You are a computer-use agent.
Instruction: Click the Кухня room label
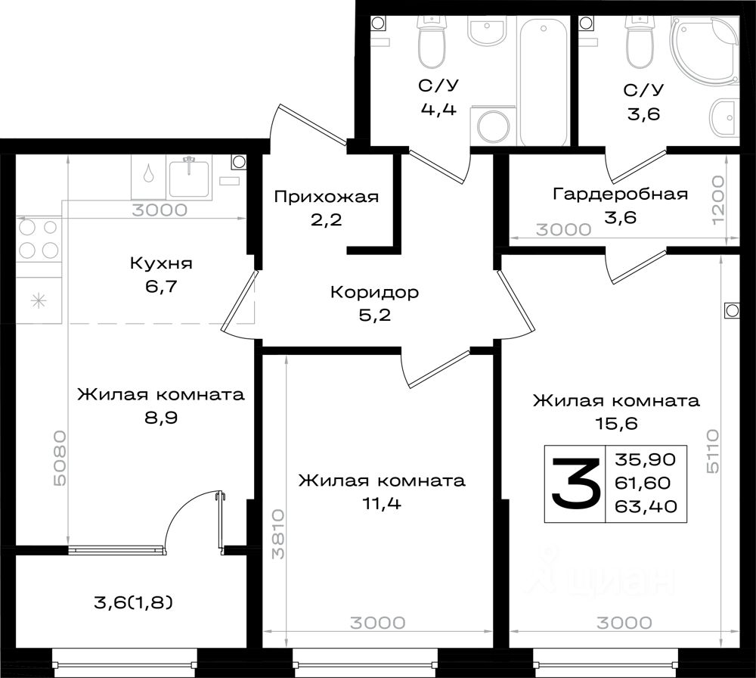161,263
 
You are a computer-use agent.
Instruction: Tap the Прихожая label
327,197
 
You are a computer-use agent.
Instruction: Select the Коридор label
375,292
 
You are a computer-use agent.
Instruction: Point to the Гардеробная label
620,194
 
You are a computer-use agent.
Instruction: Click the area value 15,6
617,423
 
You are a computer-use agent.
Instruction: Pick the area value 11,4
381,503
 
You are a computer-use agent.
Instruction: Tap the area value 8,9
161,418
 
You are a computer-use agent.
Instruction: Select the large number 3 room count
575,484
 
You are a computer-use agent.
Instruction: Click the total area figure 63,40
646,506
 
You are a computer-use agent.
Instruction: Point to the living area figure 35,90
646,459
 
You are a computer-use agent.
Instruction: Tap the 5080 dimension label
60,458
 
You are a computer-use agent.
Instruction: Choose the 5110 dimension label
713,451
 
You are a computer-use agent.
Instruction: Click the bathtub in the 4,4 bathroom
544,81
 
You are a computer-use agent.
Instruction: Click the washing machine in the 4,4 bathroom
494,126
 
